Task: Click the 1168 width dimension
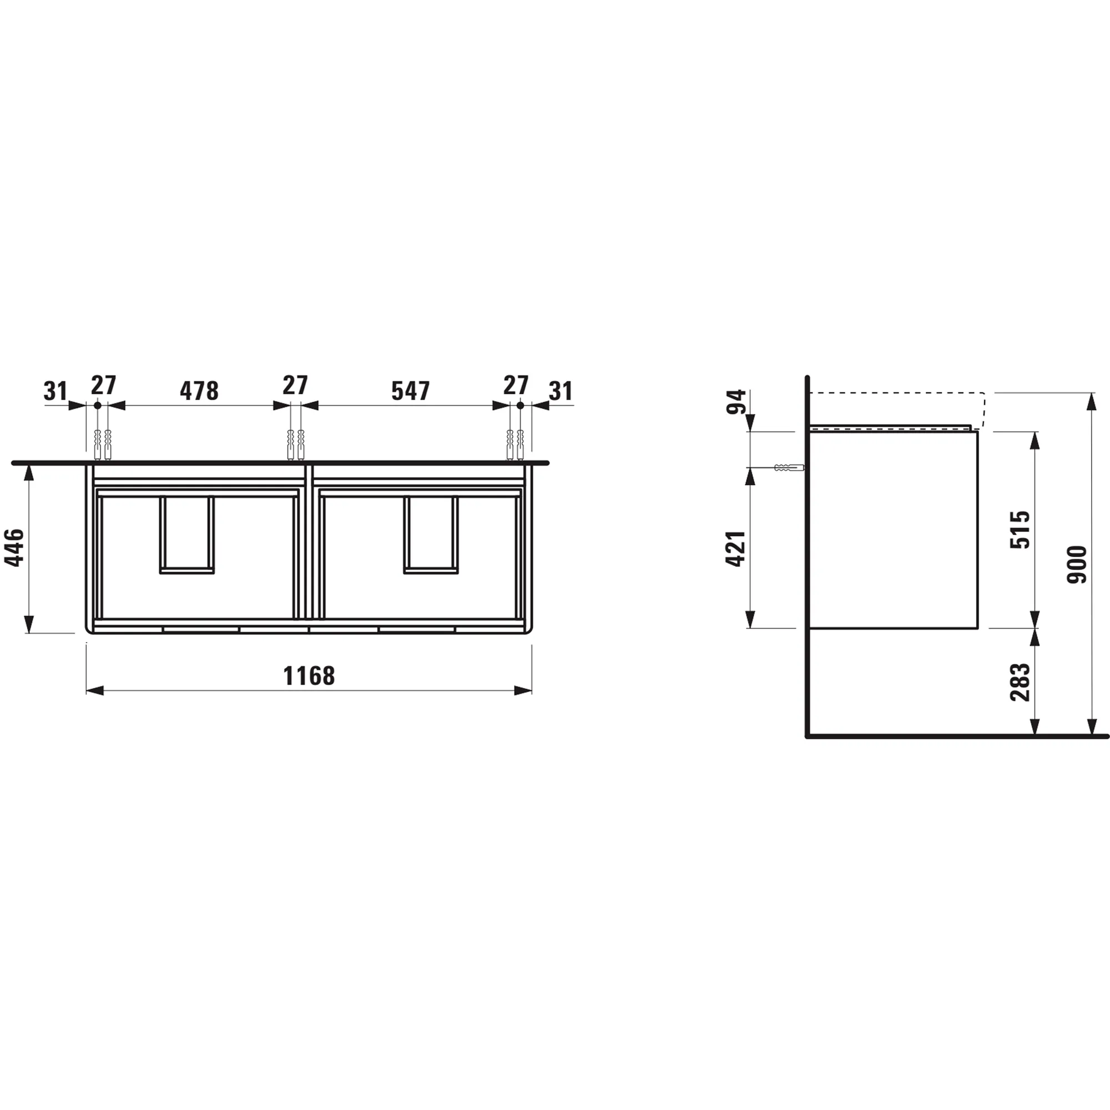tap(309, 675)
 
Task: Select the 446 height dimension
tap(14, 548)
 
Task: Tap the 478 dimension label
tap(199, 391)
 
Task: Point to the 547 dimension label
tap(410, 391)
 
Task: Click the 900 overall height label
tap(1077, 565)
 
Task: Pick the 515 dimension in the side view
tap(1021, 529)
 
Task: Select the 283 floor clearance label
tap(1021, 682)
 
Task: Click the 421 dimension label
tap(736, 549)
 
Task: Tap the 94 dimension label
tap(736, 402)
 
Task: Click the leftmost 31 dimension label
tap(55, 391)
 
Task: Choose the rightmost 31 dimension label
tap(561, 391)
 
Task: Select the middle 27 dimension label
tap(295, 385)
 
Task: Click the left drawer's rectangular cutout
tap(186, 534)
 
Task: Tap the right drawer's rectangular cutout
tap(430, 534)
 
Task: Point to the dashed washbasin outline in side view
tap(896, 393)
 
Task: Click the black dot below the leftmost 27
tap(98, 405)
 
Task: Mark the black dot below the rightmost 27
tap(520, 405)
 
